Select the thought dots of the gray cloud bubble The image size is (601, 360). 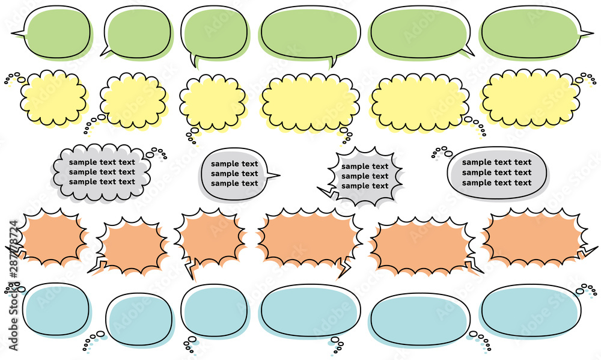(x=157, y=153)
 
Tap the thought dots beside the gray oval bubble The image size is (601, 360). (x=442, y=152)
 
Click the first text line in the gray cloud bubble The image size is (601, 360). (x=102, y=162)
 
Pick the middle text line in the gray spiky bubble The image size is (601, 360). (x=365, y=176)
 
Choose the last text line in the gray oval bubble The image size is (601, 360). (x=497, y=183)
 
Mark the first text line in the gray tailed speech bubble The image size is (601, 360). (x=234, y=163)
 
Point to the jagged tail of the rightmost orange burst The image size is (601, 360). (x=587, y=252)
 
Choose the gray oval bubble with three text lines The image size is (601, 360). (x=497, y=173)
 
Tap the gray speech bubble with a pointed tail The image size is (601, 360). (x=234, y=174)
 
